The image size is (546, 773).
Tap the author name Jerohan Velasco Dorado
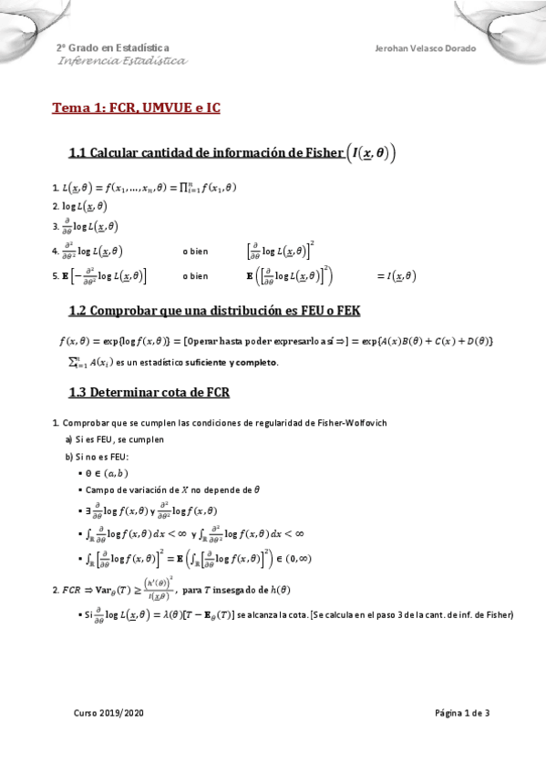tap(425, 47)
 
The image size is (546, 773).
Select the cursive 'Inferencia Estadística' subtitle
tap(122, 61)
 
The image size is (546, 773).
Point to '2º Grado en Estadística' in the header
tap(112, 47)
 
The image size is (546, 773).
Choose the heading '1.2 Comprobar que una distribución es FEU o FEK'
tap(214, 311)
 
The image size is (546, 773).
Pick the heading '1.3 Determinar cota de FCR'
tap(149, 393)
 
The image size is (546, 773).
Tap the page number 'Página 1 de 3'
tap(462, 714)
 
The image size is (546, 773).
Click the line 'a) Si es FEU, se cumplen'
tap(114, 439)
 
